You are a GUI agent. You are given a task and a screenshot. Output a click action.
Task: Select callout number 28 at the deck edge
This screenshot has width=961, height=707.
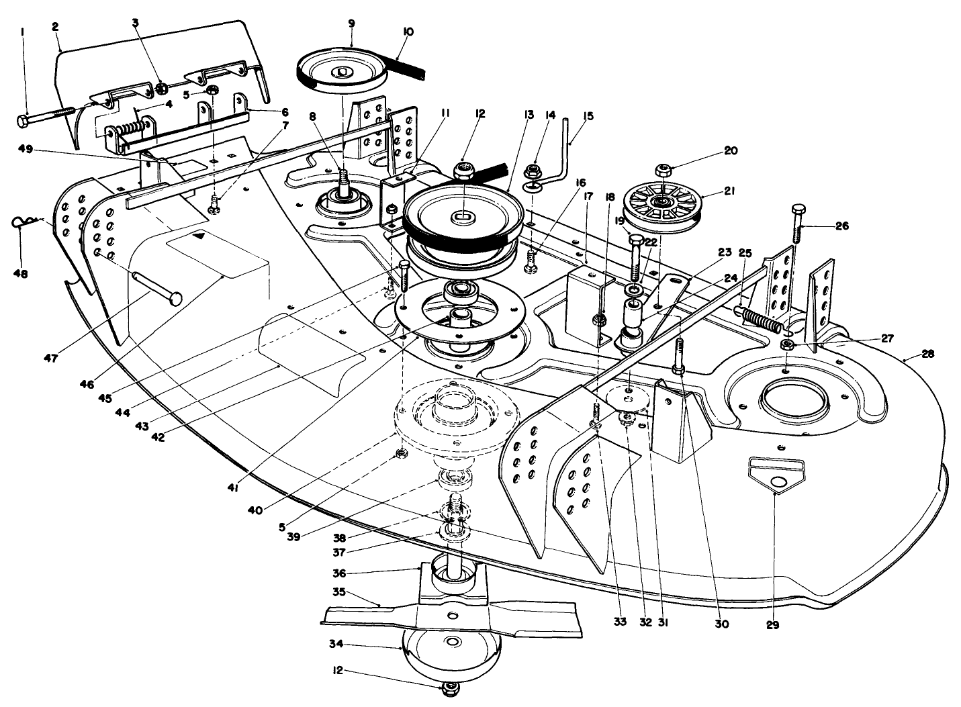click(x=927, y=353)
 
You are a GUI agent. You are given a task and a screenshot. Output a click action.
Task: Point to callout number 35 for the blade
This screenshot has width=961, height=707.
click(x=338, y=592)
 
